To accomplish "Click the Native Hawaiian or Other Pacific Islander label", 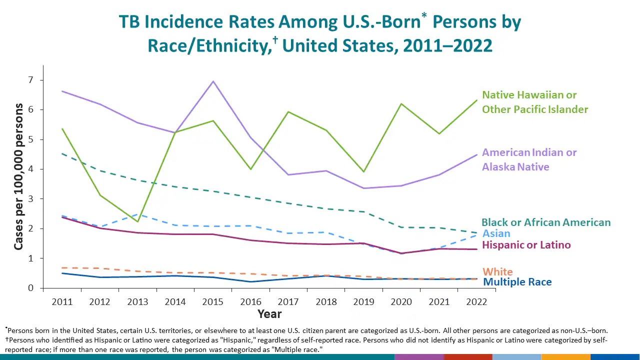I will [x=534, y=102].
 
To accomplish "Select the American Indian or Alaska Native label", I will [x=529, y=159].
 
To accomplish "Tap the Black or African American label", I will [x=546, y=222].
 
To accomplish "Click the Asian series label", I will [x=496, y=233].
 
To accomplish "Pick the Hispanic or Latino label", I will [x=526, y=245].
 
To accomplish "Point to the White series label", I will [x=497, y=272].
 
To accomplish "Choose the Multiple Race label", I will [x=517, y=282].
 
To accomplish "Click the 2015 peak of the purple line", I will [x=213, y=81].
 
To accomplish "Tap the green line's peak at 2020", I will [x=401, y=103].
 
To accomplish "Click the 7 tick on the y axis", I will [x=30, y=80].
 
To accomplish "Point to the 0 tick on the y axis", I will [x=30, y=288].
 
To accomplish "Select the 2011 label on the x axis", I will [x=62, y=301].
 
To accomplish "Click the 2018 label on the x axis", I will [x=326, y=301].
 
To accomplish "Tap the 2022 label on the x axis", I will [x=476, y=301].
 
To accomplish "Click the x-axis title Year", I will [x=269, y=314].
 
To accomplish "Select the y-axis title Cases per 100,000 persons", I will [x=18, y=176].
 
